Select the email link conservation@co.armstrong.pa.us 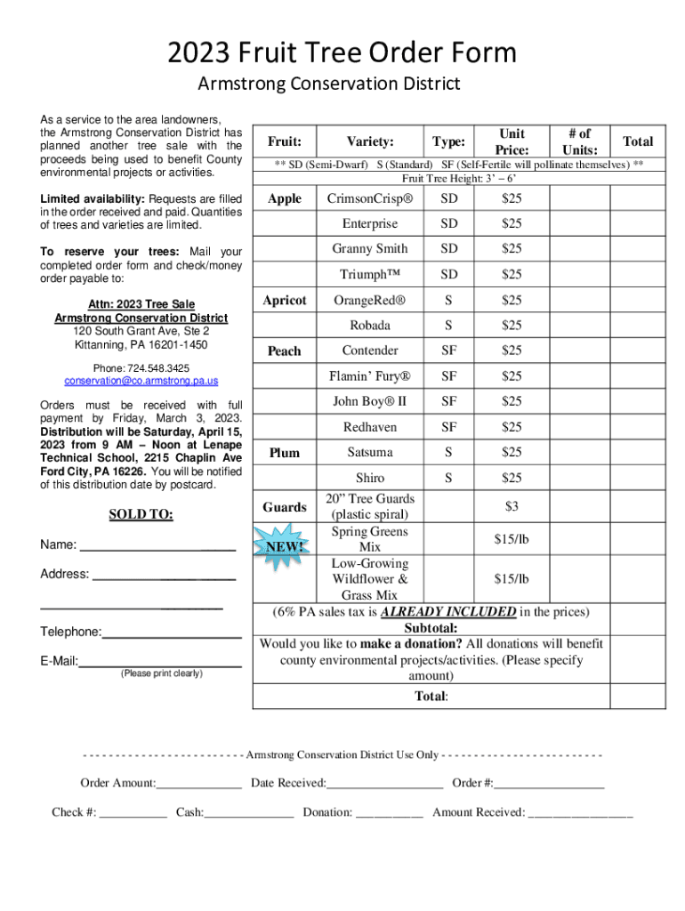[141, 381]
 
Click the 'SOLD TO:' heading [141, 514]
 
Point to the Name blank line [157, 546]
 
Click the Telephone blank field [172, 633]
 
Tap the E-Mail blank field [160, 661]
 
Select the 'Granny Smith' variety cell [369, 249]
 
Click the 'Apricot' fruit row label [285, 301]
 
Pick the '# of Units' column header [579, 141]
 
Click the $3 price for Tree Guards [512, 506]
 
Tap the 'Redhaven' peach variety [369, 428]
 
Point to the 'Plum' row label [285, 453]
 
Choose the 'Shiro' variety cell [369, 479]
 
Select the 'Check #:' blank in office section [133, 812]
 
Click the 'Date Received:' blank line [384, 783]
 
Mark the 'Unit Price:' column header [512, 141]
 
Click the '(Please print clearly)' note [161, 673]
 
